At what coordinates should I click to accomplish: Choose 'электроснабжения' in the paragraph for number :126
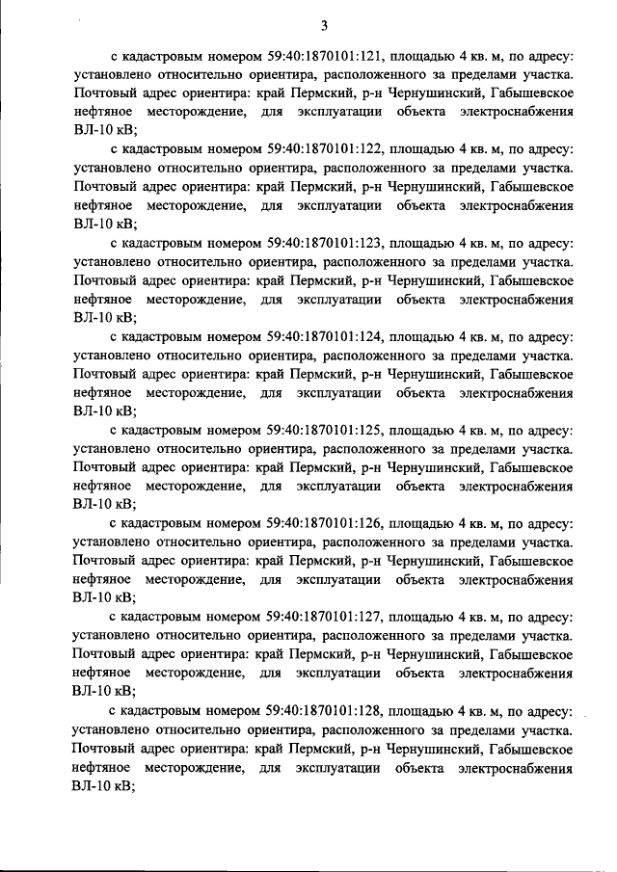[x=517, y=581]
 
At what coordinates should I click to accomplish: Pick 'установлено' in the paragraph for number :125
[x=111, y=450]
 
